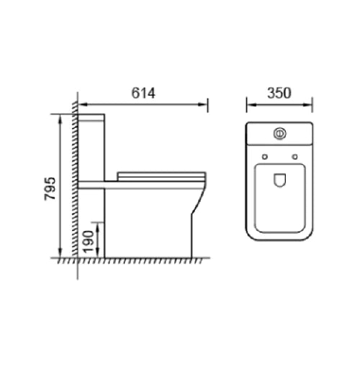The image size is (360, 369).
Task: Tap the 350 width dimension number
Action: [280, 93]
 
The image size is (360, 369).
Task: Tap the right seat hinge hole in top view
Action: [296, 155]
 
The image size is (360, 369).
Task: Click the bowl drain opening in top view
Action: [280, 182]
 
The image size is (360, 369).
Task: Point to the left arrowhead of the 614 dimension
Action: [81, 105]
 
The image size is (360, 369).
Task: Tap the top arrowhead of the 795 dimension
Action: [59, 117]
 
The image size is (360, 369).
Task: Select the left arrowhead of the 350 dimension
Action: [250, 105]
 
